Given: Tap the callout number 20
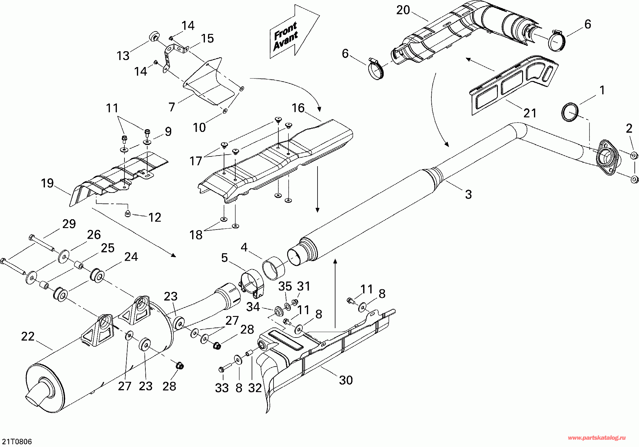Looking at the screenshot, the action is coord(403,10).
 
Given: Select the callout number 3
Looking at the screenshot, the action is coord(468,194).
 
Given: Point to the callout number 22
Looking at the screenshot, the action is coord(28,337).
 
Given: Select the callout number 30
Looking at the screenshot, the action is coord(346,380).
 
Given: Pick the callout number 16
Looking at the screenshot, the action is coord(298,108).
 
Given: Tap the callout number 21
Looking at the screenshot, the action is coord(530,113).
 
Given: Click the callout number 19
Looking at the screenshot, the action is coord(47,183).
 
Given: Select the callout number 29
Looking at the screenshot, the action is coord(69,224).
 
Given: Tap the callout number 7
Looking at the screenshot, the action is coord(172,107).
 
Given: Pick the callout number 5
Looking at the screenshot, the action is coord(224,258).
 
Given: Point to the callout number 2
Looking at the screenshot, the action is coord(629,129).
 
